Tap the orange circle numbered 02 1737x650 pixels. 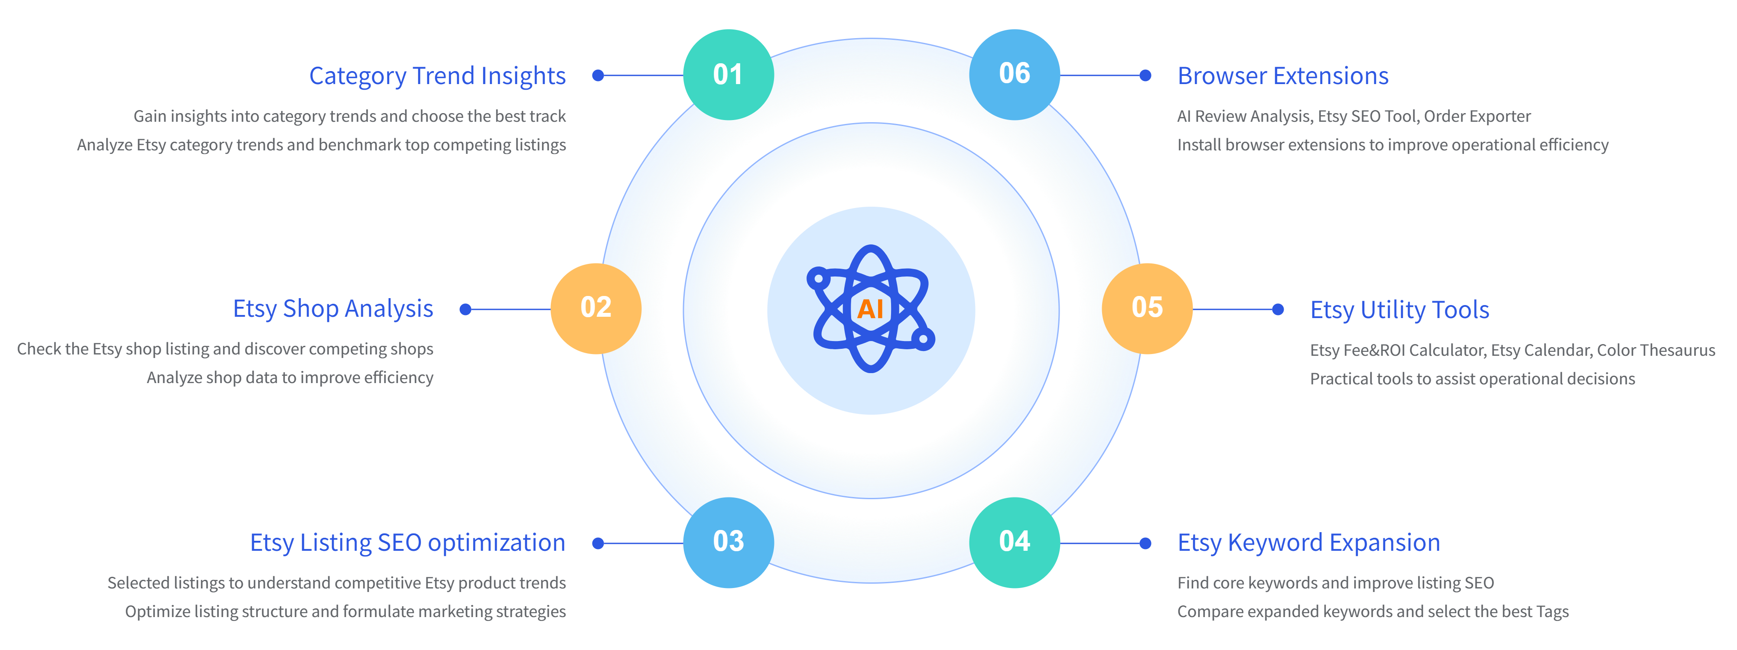(x=596, y=308)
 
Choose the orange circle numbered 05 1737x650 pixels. (x=1147, y=308)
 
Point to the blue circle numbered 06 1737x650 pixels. (x=1014, y=74)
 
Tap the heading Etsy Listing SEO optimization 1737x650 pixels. (x=407, y=543)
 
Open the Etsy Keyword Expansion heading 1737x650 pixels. (x=1308, y=543)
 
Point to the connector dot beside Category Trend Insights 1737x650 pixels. (x=598, y=75)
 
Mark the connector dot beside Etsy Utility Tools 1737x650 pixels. (x=1278, y=309)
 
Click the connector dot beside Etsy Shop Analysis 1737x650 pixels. (x=465, y=309)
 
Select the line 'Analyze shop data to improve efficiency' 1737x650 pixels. (x=290, y=377)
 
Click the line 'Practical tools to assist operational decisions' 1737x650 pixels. (x=1472, y=379)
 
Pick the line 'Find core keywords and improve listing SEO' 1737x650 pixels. (x=1335, y=582)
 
